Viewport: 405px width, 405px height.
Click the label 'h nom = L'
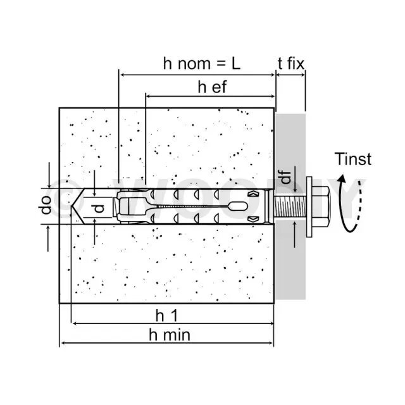tap(202, 63)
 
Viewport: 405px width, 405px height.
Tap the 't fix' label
tap(291, 63)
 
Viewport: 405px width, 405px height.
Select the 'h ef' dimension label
tap(213, 87)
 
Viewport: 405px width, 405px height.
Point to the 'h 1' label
tap(166, 315)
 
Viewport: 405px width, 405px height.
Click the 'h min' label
tap(170, 335)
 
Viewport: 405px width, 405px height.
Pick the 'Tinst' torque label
tap(353, 159)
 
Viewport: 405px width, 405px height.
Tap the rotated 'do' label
tap(46, 205)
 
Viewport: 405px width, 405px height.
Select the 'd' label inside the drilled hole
tap(99, 208)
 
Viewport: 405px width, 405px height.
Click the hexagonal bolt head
tap(321, 207)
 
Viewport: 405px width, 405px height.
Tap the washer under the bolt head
tap(309, 207)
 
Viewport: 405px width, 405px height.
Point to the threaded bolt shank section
tap(290, 207)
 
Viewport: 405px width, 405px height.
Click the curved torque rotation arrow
tap(349, 203)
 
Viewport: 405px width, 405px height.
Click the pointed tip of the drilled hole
tap(72, 206)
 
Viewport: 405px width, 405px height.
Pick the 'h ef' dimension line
tap(211, 96)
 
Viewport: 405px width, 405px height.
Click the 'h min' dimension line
tap(166, 343)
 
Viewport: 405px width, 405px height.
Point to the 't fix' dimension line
tap(290, 75)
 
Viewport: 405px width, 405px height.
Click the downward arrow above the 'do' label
tap(49, 175)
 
